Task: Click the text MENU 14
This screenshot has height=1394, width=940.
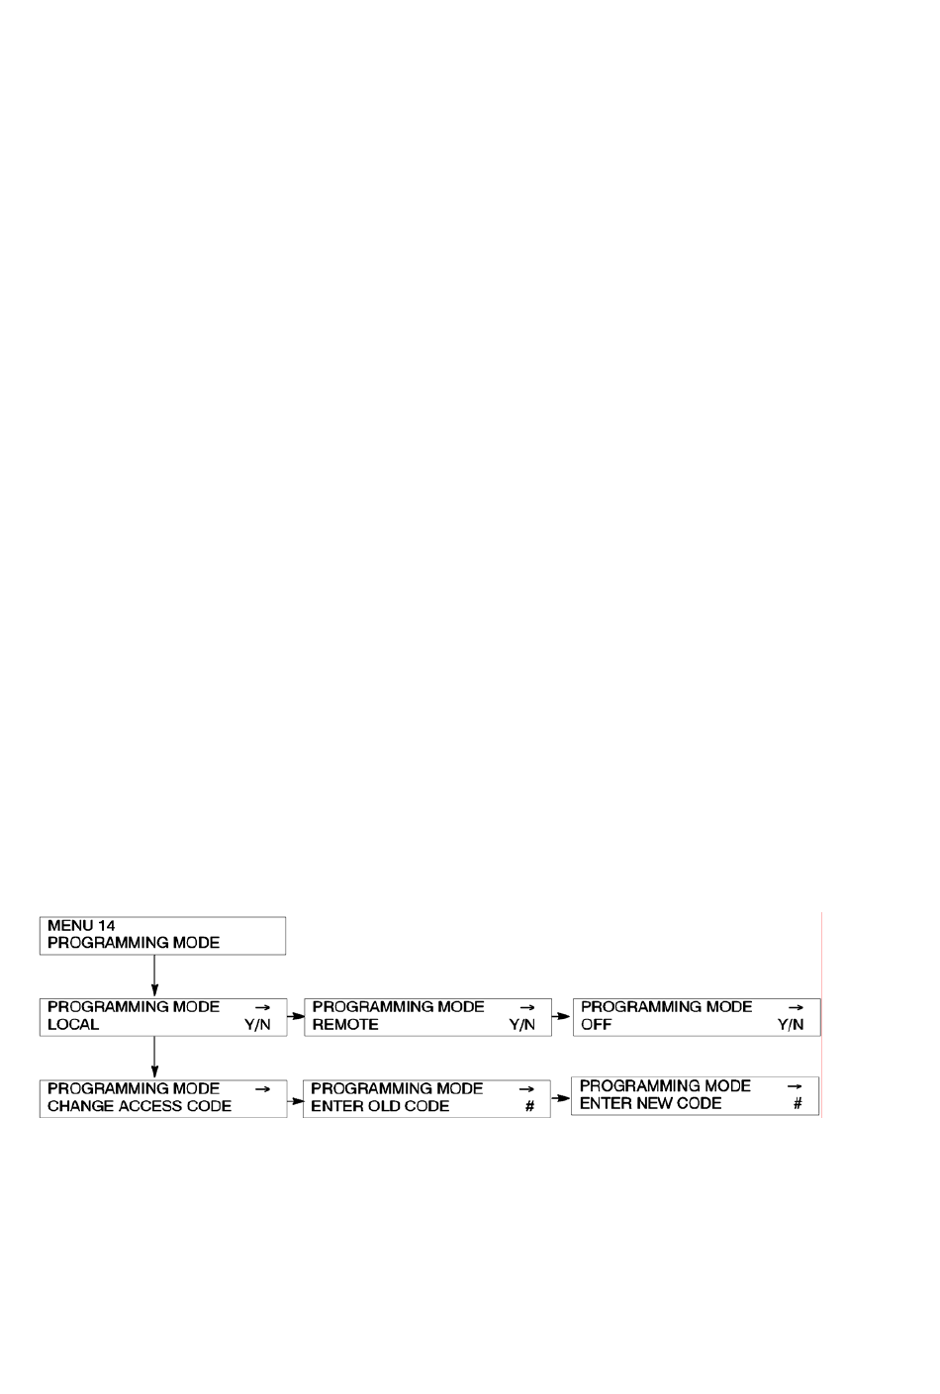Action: point(81,925)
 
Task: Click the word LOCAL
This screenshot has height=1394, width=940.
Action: point(73,1024)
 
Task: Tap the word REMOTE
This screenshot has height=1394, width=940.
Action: point(345,1024)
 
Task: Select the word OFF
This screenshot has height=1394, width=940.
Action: point(596,1024)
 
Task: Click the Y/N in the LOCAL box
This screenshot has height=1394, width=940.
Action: point(257,1025)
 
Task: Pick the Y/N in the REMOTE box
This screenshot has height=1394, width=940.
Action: point(521,1025)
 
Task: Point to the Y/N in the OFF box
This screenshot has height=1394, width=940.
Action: point(790,1025)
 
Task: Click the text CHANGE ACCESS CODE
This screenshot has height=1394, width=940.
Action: point(139,1106)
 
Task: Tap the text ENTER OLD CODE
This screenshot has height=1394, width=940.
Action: point(380,1106)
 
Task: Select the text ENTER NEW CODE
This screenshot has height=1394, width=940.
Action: point(650,1103)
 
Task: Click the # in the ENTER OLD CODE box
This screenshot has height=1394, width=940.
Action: point(529,1106)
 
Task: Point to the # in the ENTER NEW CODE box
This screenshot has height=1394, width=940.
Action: point(798,1103)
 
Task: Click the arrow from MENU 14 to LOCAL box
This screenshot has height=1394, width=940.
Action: point(154,976)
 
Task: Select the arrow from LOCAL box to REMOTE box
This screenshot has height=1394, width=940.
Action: point(296,1016)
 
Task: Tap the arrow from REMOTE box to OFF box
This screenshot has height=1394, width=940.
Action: point(561,1016)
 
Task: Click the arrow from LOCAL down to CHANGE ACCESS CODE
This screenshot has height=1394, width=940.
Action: point(154,1058)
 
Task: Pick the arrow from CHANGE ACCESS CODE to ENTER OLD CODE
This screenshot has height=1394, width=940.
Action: point(295,1101)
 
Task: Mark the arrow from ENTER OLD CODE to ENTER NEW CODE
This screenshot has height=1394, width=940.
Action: point(560,1098)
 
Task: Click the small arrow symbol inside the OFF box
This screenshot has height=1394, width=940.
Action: point(796,1007)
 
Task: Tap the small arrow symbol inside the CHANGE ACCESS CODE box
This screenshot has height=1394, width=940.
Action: point(262,1089)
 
